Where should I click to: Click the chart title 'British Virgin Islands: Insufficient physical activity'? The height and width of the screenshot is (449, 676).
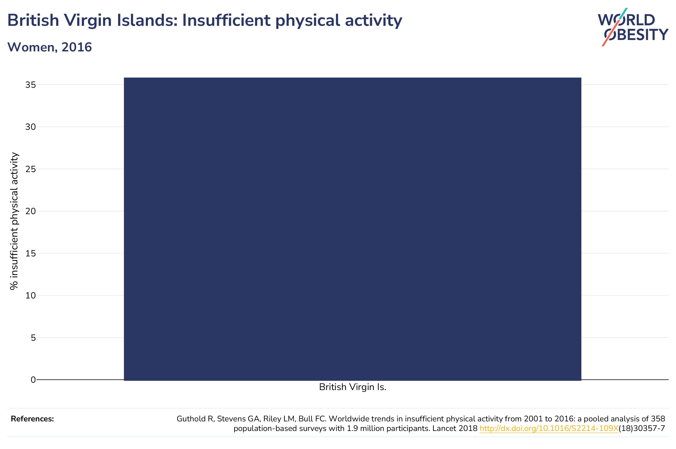[205, 21]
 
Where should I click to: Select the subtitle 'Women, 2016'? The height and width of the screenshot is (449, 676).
[50, 47]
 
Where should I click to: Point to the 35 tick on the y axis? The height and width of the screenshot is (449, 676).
[31, 85]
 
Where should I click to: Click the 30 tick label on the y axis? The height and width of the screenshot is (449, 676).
[31, 127]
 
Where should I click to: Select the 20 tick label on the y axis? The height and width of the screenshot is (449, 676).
[31, 211]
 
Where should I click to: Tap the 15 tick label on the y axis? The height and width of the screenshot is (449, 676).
[31, 253]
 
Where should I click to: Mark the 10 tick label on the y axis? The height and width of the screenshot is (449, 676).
[31, 295]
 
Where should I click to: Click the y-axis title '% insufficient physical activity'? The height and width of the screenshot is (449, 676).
[14, 221]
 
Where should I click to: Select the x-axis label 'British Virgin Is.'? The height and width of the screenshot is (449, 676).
[353, 387]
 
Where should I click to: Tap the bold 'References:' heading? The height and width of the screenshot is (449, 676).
[32, 419]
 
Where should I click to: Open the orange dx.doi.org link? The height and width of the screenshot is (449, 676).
[549, 428]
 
